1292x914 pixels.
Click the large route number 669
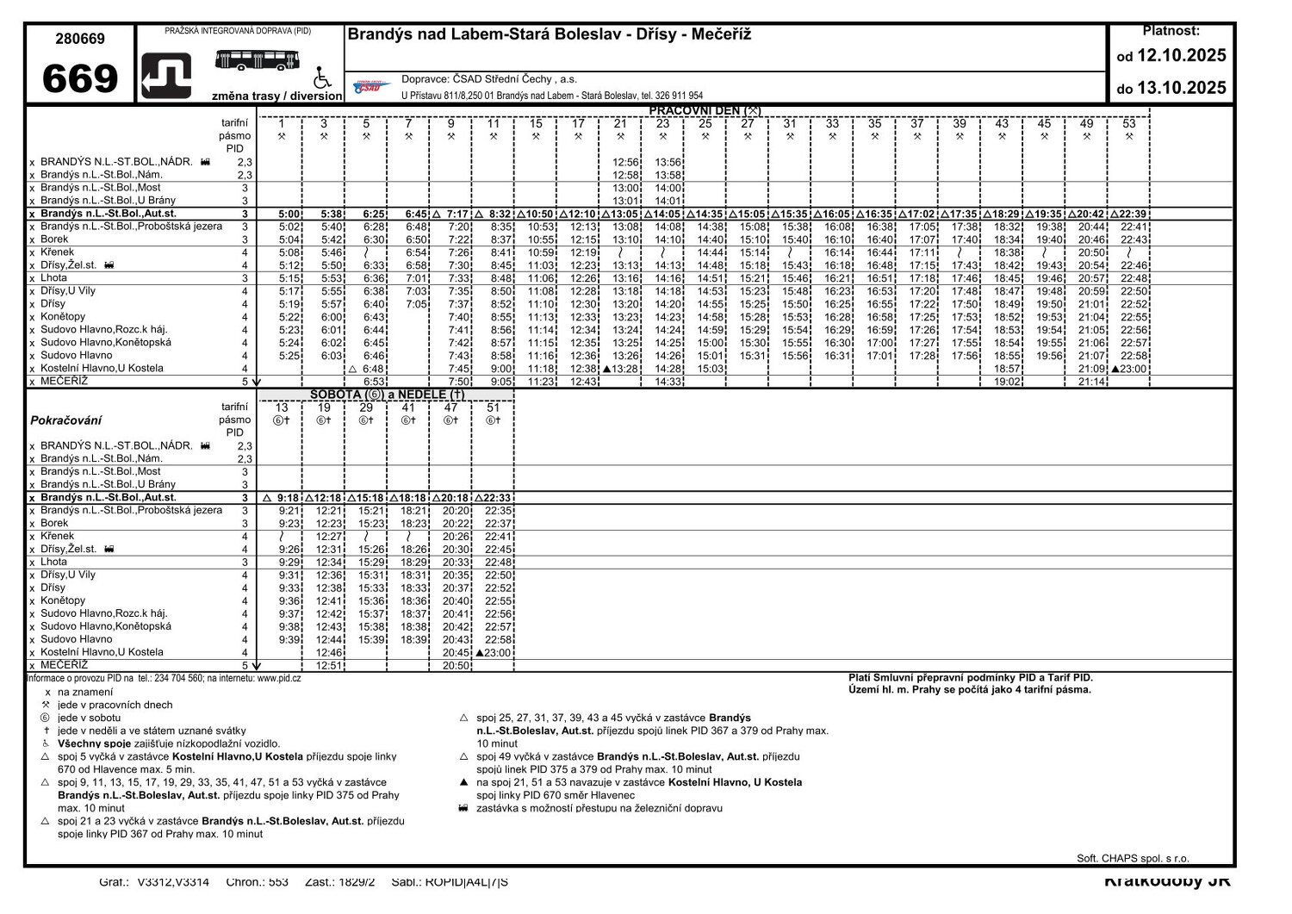pos(80,79)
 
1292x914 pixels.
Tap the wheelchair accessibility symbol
pos(321,78)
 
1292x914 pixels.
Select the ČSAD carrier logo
pos(371,86)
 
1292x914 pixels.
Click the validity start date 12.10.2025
pos(1181,56)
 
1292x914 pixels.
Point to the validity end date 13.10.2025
pos(1181,88)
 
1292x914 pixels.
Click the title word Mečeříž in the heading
pos(717,34)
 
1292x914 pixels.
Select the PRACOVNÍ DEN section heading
pos(704,110)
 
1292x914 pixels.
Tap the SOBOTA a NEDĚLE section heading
pos(387,395)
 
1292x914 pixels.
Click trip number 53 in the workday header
pos(1129,124)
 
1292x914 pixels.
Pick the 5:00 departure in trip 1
pos(290,214)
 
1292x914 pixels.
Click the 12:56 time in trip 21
pos(626,162)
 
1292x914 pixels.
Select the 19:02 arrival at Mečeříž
pos(1007,382)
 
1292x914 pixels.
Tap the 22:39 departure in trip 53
pos(1134,214)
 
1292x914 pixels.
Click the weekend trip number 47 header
pos(450,407)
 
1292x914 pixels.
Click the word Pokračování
pos(65,420)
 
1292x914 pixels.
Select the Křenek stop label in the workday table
pos(57,252)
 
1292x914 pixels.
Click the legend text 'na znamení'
pos(84,692)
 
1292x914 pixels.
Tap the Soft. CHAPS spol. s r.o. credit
pos(1132,858)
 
